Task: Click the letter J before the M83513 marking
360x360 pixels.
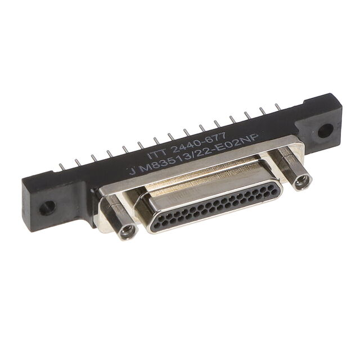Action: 132,171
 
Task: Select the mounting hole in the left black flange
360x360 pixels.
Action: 47,208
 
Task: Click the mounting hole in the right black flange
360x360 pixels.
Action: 325,130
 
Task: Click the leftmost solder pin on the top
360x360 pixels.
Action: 61,168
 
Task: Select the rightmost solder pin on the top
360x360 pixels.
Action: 278,107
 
